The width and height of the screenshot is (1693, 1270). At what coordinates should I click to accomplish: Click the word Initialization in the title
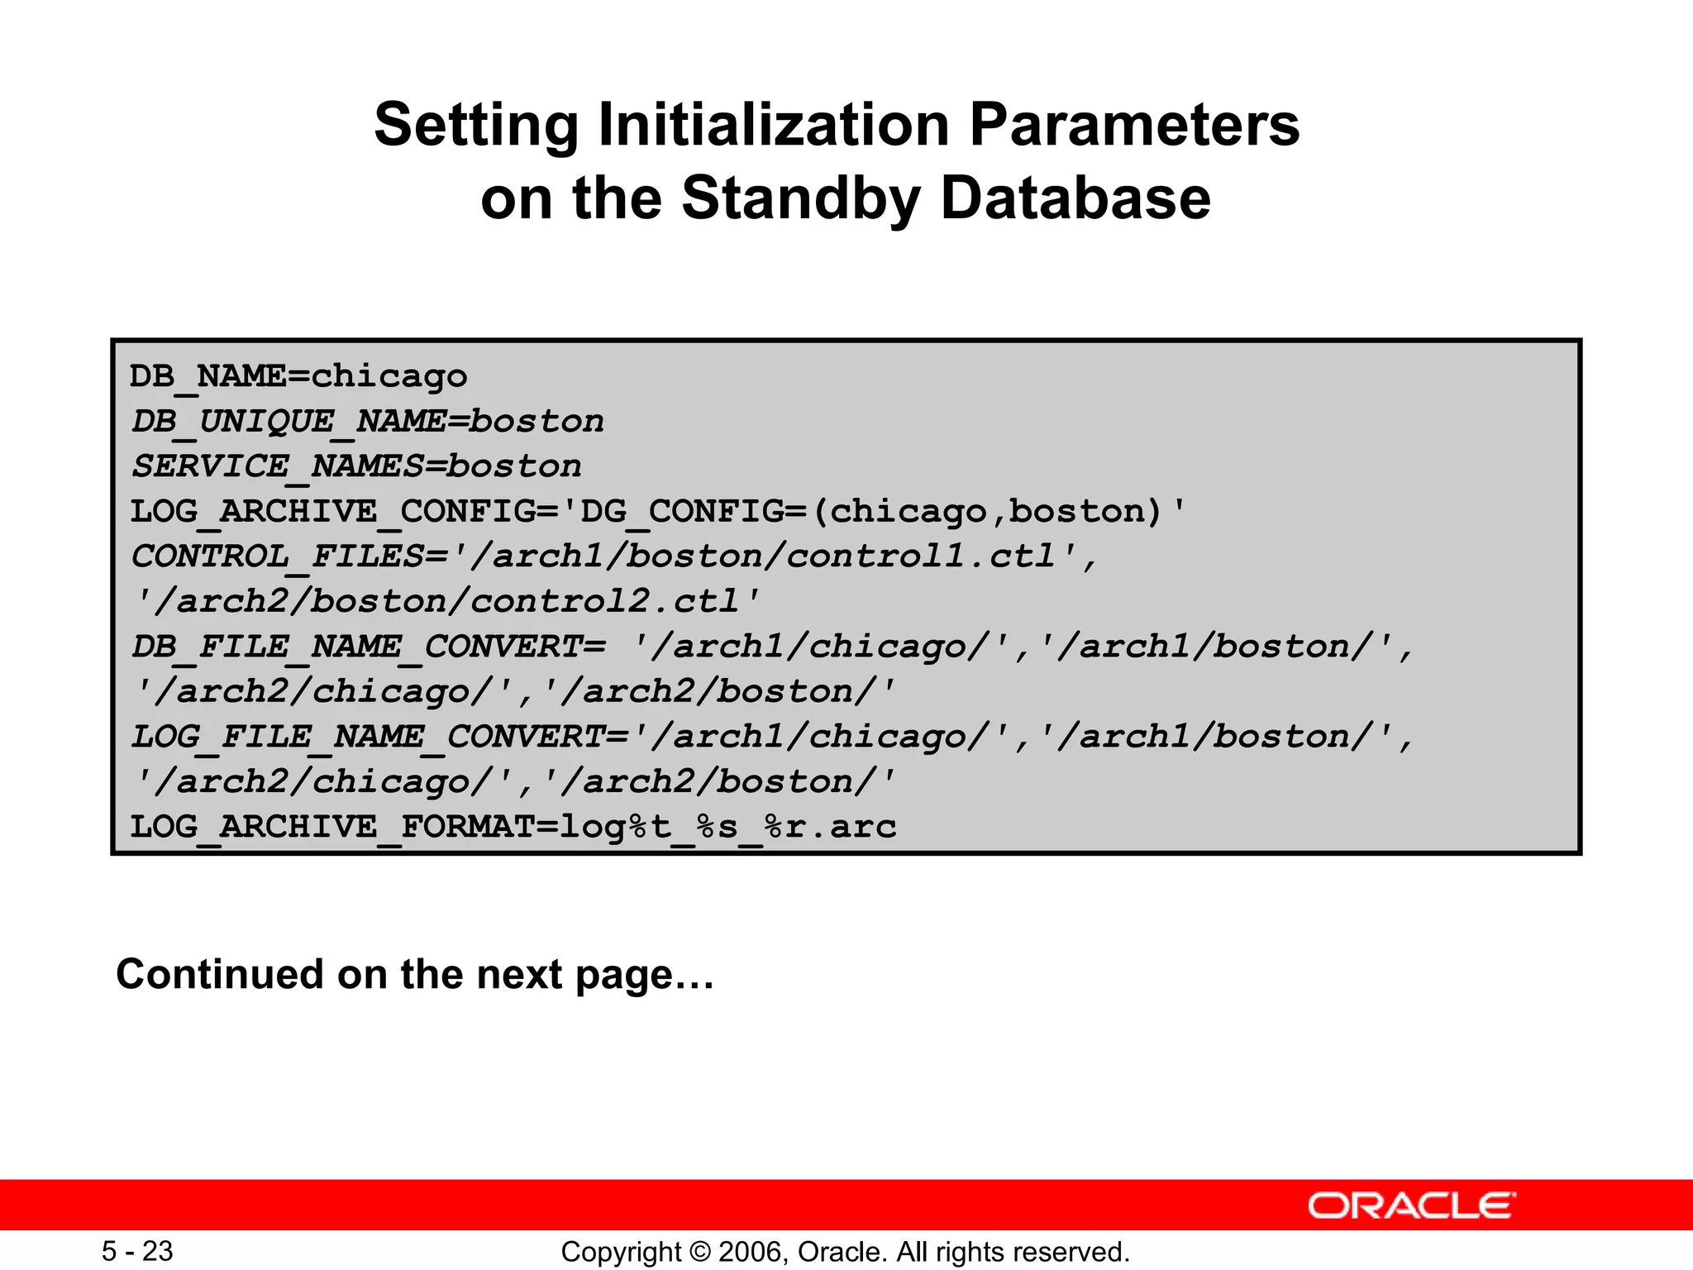pos(774,125)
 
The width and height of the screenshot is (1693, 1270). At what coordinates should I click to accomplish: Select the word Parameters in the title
pos(1134,125)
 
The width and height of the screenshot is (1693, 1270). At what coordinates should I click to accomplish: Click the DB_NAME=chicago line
pos(298,376)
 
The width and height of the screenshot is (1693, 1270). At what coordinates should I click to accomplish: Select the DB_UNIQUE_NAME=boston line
pos(368,422)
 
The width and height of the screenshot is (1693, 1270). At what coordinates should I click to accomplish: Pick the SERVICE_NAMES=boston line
pos(356,466)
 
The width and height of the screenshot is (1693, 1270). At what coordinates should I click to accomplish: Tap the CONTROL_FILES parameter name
pos(278,556)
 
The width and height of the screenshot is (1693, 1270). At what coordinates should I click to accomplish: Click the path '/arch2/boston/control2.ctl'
pos(446,601)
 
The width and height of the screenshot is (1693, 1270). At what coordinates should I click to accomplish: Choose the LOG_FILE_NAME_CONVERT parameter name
pos(369,737)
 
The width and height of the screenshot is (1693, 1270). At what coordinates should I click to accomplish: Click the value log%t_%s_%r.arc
pos(728,827)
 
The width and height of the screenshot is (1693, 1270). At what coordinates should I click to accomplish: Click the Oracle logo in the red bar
pos(1411,1206)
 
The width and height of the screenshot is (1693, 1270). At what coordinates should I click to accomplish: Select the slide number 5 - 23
pos(137,1251)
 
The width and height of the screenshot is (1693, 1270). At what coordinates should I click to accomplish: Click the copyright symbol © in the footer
pos(699,1252)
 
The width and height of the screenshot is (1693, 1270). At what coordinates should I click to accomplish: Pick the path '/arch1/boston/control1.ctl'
pos(774,556)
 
